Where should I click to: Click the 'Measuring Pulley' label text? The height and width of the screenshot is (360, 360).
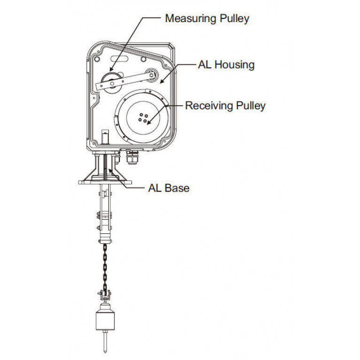click(x=207, y=19)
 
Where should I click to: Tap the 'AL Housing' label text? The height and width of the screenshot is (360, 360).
click(x=226, y=65)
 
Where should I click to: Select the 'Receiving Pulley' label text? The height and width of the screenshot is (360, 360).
click(x=225, y=106)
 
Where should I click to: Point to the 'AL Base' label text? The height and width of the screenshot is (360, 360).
click(x=169, y=188)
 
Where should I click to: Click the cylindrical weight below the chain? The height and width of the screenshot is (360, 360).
click(x=105, y=318)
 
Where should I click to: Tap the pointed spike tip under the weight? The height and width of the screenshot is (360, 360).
click(x=105, y=352)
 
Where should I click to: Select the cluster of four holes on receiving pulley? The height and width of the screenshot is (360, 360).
click(x=143, y=118)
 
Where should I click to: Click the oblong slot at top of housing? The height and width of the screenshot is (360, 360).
click(x=119, y=58)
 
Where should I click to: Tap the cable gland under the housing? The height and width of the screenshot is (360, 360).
click(x=132, y=157)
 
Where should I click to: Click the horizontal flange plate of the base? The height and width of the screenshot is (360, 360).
click(x=105, y=183)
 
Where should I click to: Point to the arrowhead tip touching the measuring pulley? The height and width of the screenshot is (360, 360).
click(x=110, y=71)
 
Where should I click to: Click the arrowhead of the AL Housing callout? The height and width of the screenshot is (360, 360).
click(x=161, y=81)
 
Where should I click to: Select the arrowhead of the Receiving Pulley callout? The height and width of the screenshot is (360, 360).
click(x=149, y=123)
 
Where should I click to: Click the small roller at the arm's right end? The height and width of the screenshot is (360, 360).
click(x=152, y=74)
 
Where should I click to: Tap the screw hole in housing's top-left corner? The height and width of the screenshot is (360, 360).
click(x=97, y=59)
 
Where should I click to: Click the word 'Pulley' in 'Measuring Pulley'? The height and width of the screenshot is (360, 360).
click(x=234, y=19)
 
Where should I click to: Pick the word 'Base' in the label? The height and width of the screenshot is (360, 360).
click(x=177, y=188)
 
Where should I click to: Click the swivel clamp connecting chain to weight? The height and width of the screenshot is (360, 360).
click(x=105, y=295)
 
